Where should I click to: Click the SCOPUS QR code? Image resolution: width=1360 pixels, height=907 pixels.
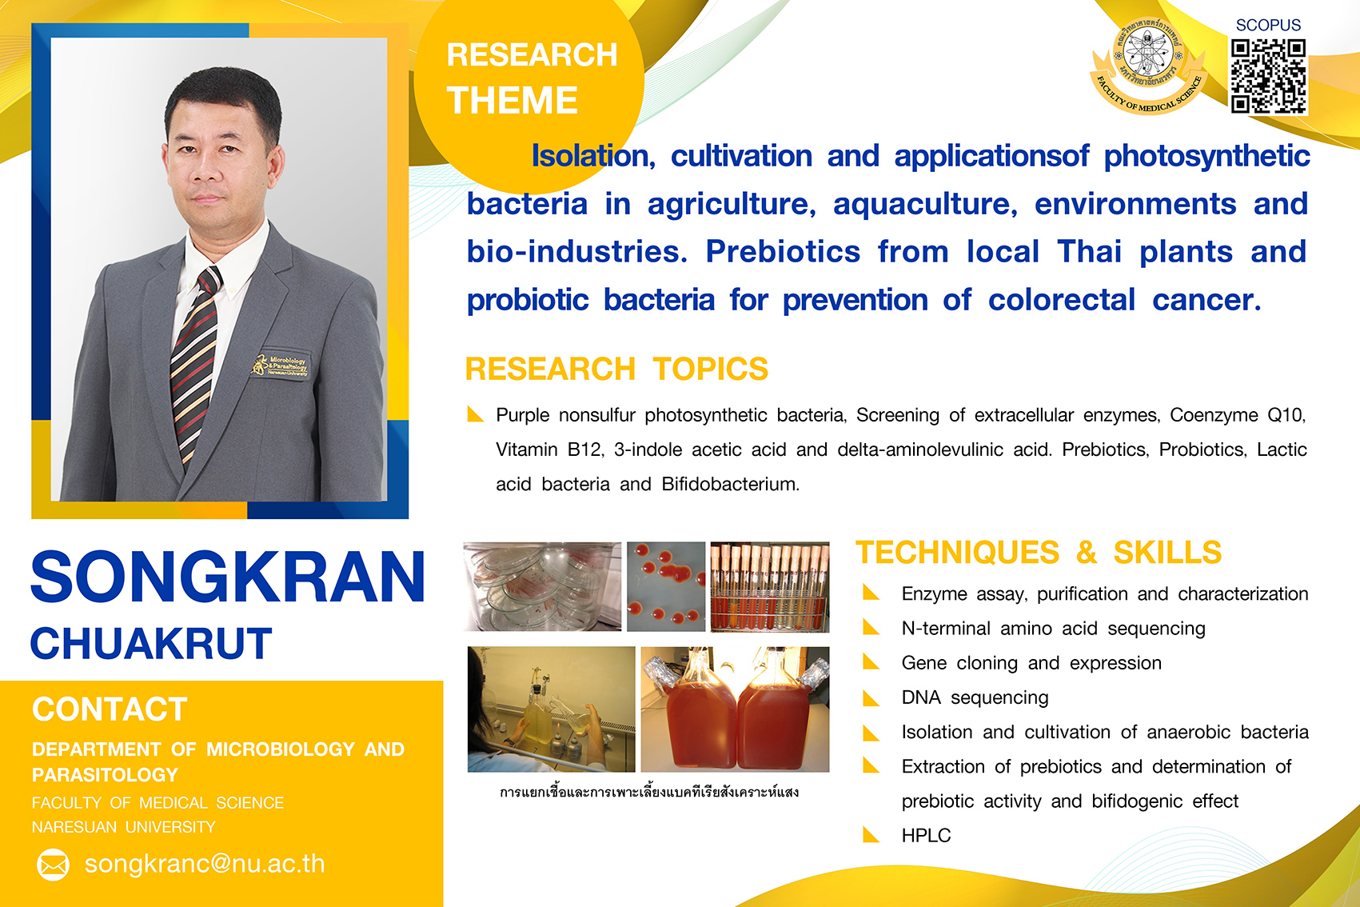click(1269, 77)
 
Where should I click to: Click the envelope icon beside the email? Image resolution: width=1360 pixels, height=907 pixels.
click(54, 865)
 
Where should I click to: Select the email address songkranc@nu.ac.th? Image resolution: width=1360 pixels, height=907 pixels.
click(205, 864)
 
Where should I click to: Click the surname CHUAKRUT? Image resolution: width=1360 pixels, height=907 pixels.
click(151, 643)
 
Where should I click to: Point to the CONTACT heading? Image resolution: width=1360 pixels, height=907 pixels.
click(110, 709)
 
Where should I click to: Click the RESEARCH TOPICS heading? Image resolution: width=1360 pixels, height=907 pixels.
click(617, 369)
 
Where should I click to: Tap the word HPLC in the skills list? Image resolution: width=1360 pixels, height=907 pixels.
click(926, 836)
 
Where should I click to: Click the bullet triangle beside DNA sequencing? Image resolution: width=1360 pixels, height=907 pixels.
click(871, 698)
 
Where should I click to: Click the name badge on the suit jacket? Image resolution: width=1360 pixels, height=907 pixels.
click(281, 365)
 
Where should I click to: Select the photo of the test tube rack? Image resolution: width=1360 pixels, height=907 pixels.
click(770, 587)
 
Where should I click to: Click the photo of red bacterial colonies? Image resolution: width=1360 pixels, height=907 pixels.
click(666, 587)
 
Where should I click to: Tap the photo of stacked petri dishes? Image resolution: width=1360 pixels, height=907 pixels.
click(542, 587)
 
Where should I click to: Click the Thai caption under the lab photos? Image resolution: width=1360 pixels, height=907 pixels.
click(649, 792)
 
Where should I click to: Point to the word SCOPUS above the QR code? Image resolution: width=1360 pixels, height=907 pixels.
click(1268, 25)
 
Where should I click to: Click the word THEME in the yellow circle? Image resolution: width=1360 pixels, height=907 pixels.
click(512, 100)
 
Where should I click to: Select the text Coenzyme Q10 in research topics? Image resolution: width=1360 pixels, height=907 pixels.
click(1237, 415)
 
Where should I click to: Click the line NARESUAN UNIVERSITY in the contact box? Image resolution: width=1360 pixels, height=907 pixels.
click(124, 827)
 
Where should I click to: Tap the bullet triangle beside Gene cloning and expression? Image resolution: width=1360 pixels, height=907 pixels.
click(871, 663)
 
